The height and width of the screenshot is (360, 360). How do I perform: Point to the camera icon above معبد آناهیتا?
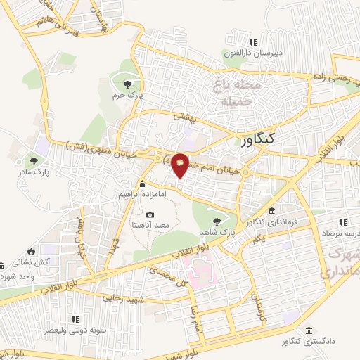(150, 214)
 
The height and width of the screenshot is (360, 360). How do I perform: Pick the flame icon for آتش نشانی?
(31, 251)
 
